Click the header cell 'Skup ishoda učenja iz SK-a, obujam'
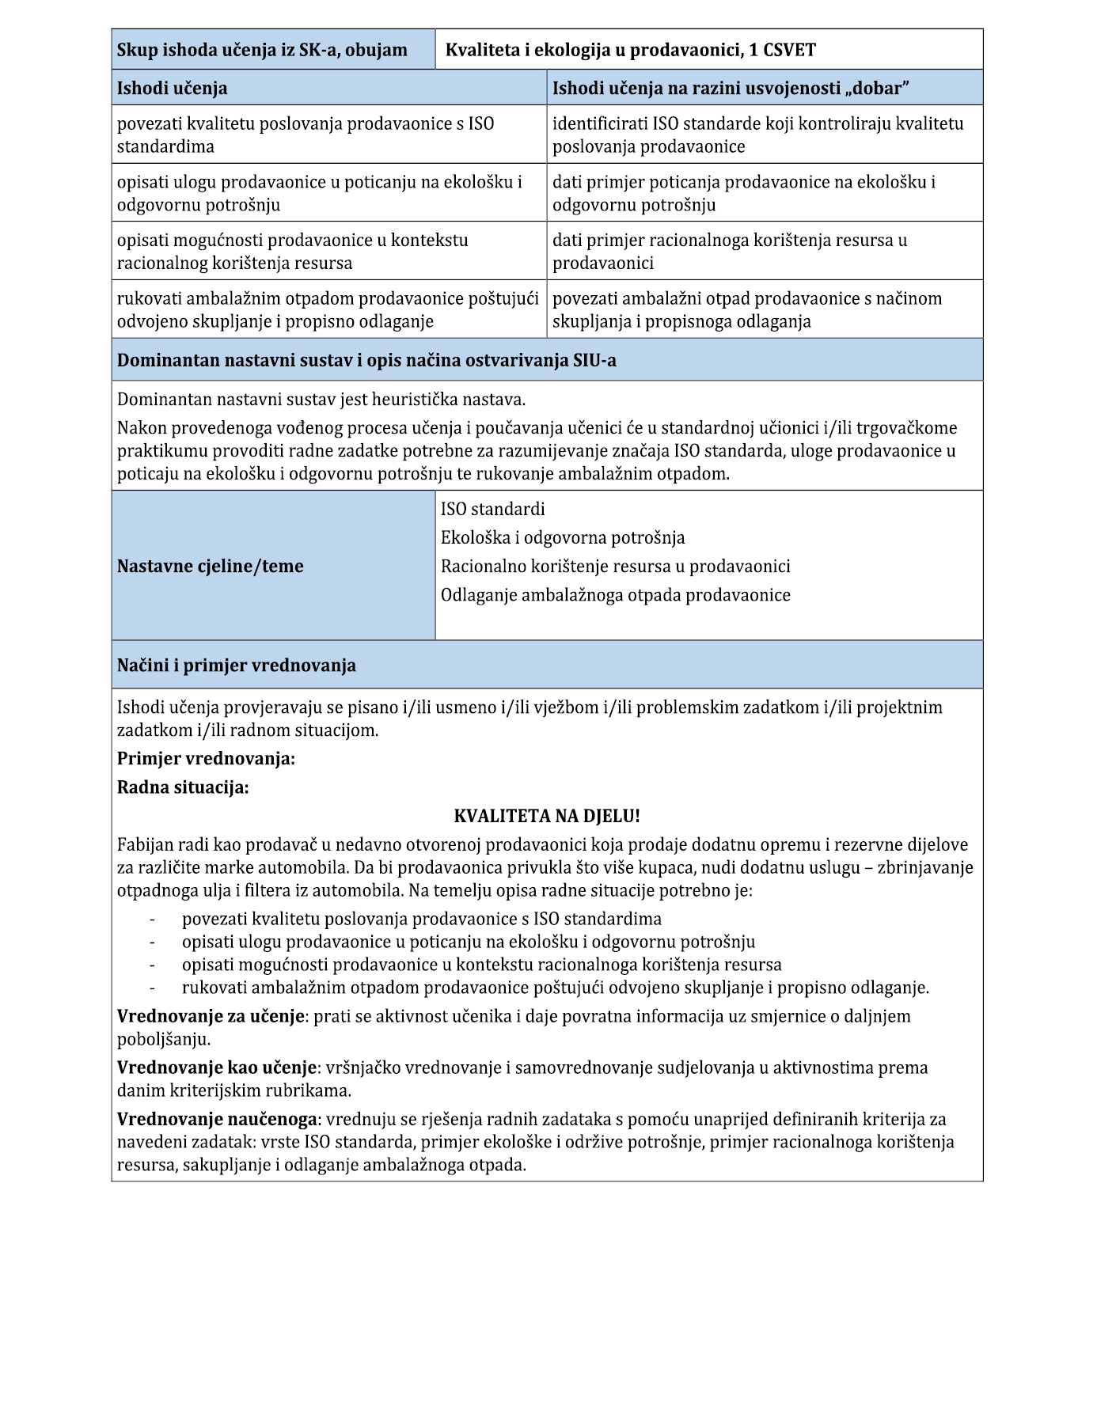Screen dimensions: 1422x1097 (262, 50)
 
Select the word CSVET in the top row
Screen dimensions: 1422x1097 (789, 50)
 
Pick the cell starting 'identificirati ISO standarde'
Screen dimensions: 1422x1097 (757, 135)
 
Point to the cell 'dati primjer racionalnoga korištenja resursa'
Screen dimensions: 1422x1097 (729, 251)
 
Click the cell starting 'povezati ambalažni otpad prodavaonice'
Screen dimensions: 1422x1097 (746, 309)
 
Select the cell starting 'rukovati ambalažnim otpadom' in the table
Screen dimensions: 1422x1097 (328, 309)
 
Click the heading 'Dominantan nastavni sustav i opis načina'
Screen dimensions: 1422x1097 (366, 360)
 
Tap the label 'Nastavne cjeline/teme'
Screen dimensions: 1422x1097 (211, 566)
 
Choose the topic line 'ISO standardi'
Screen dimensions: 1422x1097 (492, 509)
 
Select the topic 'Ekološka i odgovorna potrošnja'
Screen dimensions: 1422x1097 (563, 537)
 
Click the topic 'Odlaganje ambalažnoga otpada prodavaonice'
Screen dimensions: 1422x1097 (615, 594)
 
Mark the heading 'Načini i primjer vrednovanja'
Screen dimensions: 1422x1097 (237, 665)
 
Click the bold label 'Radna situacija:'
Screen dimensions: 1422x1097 (183, 787)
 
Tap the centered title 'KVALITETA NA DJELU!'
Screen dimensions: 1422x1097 (547, 816)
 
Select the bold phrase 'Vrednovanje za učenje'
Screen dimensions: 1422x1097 (211, 1016)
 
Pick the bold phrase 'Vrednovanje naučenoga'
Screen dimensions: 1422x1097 (218, 1119)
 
